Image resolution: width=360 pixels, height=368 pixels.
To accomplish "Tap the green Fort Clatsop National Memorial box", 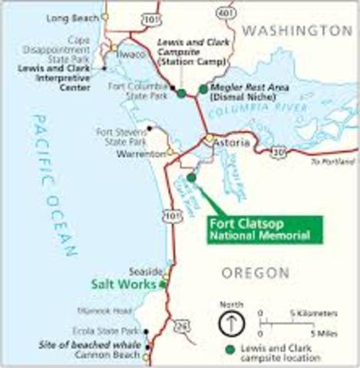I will pyautogui.click(x=265, y=229).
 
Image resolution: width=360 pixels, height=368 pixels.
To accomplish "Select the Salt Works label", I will pyautogui.click(x=121, y=284).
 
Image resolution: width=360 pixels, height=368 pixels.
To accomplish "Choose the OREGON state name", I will pyautogui.click(x=255, y=273).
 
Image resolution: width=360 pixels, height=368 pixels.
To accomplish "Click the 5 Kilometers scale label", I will pyautogui.click(x=312, y=314).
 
